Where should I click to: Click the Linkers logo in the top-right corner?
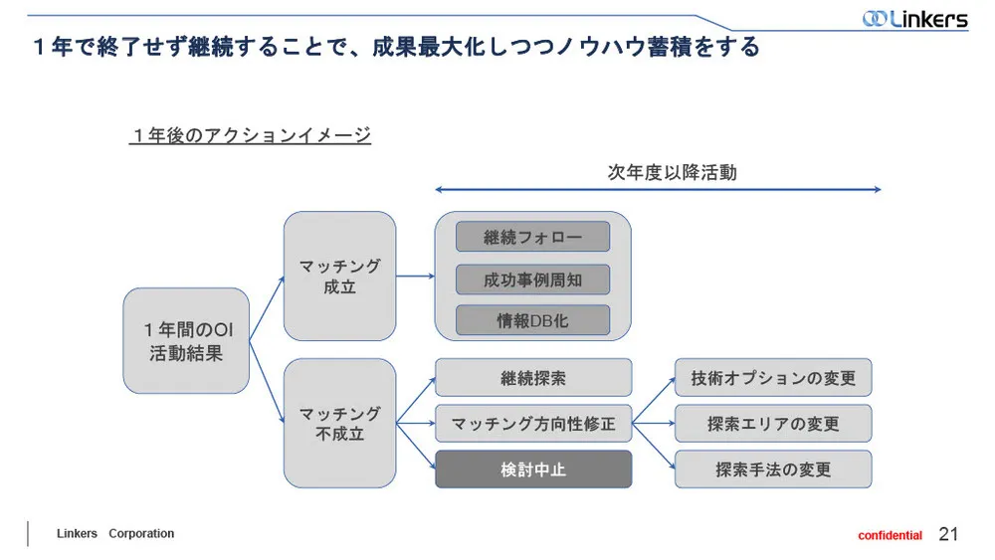tap(914, 18)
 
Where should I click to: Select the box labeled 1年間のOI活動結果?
tap(186, 340)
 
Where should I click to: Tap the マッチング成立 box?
tap(339, 276)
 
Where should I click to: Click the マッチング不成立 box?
tap(339, 423)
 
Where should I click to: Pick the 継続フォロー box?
tap(532, 237)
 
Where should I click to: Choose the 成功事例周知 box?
tap(532, 280)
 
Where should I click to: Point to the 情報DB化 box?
tap(532, 320)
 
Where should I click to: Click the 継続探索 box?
tap(533, 378)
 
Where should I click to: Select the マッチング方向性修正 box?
tap(533, 424)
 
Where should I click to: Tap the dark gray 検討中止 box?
tap(533, 468)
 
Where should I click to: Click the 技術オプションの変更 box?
tap(773, 378)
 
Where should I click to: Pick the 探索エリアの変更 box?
tap(773, 424)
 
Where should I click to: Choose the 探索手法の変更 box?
tap(773, 468)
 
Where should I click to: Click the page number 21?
tap(948, 534)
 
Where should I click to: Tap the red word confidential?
tap(890, 535)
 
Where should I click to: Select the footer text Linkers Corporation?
tap(114, 534)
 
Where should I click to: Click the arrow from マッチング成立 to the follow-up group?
tap(415, 277)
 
